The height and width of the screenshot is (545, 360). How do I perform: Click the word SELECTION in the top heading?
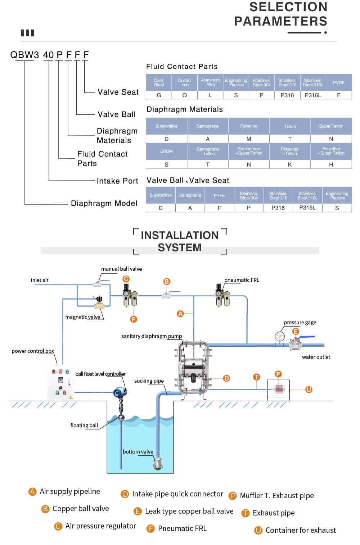(288, 7)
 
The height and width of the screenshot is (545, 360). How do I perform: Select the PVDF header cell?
(338, 83)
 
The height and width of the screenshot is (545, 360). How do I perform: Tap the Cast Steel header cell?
(159, 83)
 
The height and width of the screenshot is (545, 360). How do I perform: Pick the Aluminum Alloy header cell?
(210, 82)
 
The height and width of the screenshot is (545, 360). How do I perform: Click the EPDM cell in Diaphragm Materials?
(166, 151)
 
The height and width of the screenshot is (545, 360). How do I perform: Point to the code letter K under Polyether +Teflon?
(290, 165)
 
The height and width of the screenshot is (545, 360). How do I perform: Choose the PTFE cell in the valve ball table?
(219, 195)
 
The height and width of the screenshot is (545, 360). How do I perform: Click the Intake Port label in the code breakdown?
(117, 181)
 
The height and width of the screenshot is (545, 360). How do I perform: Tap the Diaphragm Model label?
(104, 203)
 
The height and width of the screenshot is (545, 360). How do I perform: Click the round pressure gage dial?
(279, 337)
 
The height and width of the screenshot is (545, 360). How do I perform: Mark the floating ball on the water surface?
(121, 418)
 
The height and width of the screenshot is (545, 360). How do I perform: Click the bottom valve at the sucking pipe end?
(157, 464)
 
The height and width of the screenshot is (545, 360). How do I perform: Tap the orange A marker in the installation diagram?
(180, 314)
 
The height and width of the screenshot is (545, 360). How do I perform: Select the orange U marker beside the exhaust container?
(309, 389)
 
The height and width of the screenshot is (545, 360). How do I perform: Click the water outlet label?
(316, 357)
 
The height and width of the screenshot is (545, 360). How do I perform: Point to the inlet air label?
(40, 280)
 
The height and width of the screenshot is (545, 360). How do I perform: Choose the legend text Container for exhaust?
(301, 530)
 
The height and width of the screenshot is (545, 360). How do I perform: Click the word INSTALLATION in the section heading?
(180, 235)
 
